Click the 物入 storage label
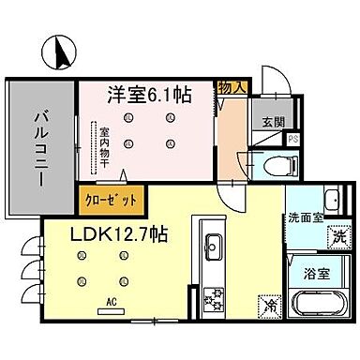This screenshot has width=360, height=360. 232,87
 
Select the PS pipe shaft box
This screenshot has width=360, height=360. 293,141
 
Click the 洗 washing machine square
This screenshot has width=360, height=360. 337,238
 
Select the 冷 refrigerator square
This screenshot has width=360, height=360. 269,306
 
